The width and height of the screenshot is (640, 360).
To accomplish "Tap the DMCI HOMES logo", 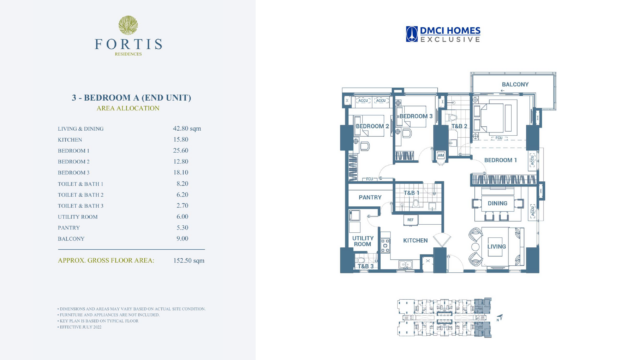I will pyautogui.click(x=443, y=34).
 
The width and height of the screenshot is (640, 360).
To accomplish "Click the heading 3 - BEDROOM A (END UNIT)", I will pyautogui.click(x=127, y=97).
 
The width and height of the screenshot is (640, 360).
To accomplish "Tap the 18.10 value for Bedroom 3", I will pyautogui.click(x=181, y=173).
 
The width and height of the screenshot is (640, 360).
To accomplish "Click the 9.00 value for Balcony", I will pyautogui.click(x=180, y=239).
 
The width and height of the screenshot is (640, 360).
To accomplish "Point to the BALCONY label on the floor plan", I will pyautogui.click(x=514, y=84).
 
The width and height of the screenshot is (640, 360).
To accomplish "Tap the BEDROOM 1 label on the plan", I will pyautogui.click(x=500, y=160).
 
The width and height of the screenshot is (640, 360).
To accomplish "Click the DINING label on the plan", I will pyautogui.click(x=497, y=204).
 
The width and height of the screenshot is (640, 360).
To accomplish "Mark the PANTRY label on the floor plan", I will pyautogui.click(x=371, y=198).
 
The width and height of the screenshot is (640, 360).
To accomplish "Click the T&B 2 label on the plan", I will pyautogui.click(x=459, y=127).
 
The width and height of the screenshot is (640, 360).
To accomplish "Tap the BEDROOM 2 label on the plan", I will pyautogui.click(x=372, y=127).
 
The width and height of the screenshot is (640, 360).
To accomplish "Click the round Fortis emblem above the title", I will pyautogui.click(x=127, y=24).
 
